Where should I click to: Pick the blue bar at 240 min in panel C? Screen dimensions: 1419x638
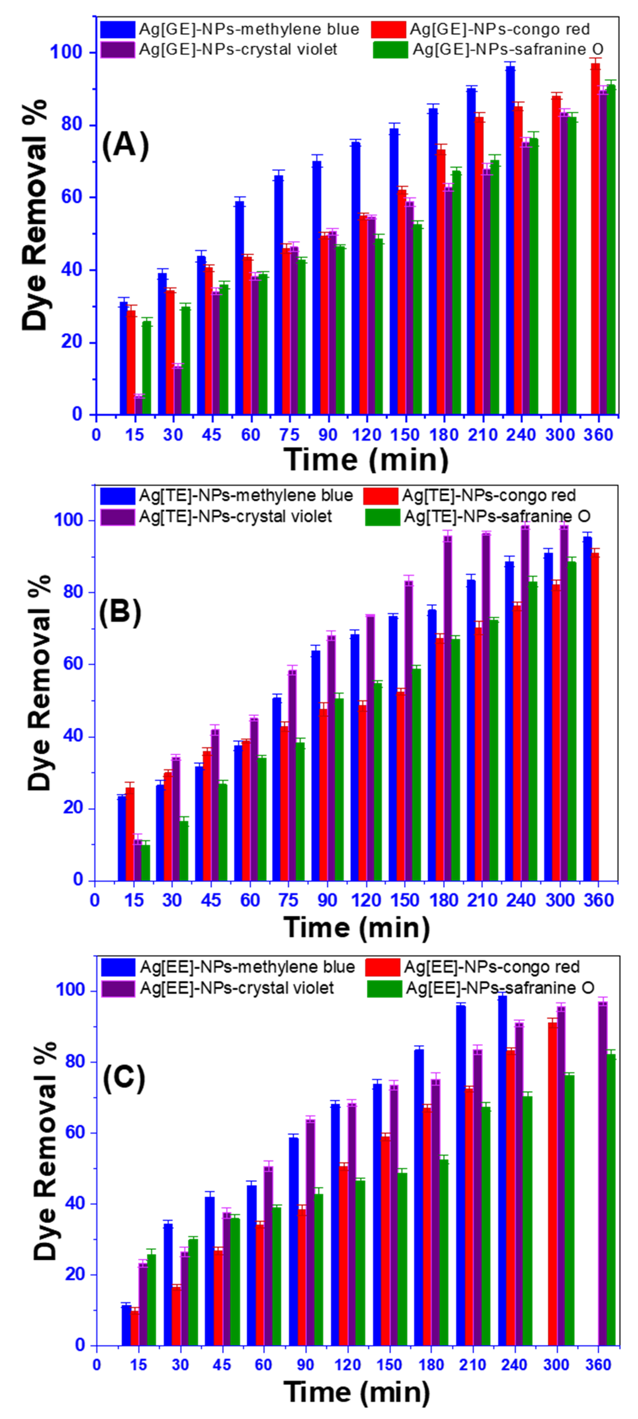(502, 1171)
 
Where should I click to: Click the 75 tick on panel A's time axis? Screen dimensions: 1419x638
(289, 435)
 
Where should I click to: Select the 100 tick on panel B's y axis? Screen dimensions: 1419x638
(71, 520)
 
